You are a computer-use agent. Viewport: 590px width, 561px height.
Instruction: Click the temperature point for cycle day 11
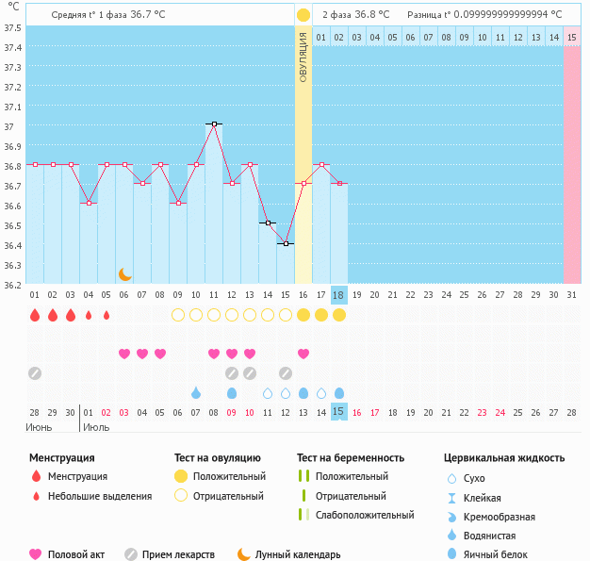(214, 124)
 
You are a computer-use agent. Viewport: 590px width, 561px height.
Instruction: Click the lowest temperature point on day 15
(286, 243)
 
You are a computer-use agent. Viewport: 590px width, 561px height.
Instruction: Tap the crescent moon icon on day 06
(124, 274)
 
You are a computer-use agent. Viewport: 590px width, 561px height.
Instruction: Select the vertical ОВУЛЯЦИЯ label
(303, 57)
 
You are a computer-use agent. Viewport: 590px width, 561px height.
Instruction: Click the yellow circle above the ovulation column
(303, 15)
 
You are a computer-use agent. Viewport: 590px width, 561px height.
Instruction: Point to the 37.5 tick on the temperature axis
(12, 27)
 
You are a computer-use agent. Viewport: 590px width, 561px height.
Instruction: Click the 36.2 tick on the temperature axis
(12, 284)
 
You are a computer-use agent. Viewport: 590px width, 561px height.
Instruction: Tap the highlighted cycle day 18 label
(339, 295)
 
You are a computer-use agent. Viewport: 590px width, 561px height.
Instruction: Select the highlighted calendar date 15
(339, 412)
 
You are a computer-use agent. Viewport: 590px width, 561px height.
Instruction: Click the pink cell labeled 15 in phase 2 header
(572, 37)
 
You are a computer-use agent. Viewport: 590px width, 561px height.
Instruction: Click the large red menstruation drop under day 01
(35, 315)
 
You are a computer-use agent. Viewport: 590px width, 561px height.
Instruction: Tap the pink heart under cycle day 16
(303, 354)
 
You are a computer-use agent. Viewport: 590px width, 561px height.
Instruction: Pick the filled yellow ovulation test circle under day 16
(303, 315)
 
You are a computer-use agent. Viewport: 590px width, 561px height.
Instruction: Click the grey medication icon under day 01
(35, 373)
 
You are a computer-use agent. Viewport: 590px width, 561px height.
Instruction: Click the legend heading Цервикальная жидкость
(504, 458)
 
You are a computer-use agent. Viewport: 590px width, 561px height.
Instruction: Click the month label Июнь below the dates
(39, 427)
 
